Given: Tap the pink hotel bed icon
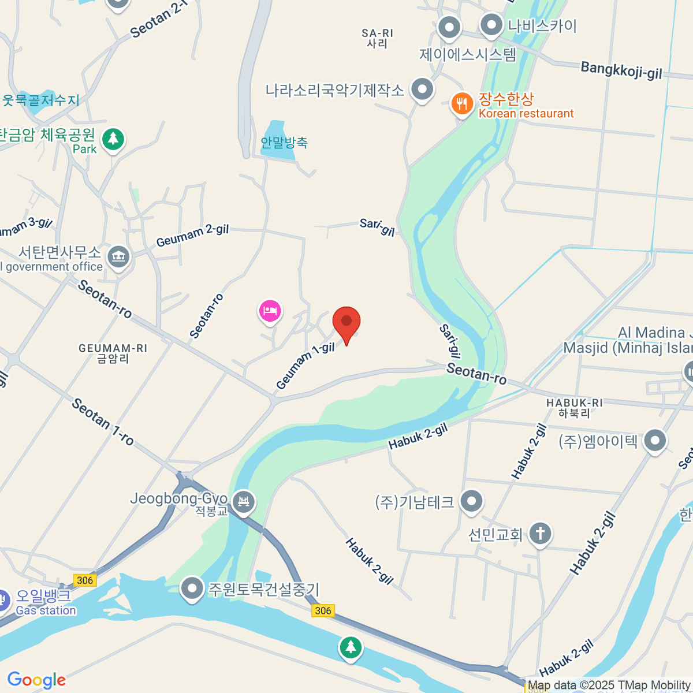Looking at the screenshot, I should (x=270, y=311).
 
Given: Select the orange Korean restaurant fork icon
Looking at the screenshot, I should (x=461, y=104).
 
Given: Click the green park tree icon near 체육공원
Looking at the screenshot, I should (x=113, y=139).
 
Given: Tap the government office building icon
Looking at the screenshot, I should (x=119, y=256).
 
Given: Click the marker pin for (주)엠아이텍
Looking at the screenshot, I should (x=655, y=441).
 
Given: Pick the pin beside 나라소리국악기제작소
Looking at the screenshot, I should (x=422, y=90).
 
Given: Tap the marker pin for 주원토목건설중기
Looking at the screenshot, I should (x=192, y=588).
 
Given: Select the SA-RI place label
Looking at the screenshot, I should (x=377, y=39).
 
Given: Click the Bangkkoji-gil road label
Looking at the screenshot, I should (x=621, y=70).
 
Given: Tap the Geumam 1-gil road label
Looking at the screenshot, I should (x=305, y=366).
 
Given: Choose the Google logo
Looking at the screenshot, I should (x=36, y=680).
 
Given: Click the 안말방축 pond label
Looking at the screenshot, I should (x=284, y=142).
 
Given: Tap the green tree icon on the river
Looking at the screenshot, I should (x=350, y=647).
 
